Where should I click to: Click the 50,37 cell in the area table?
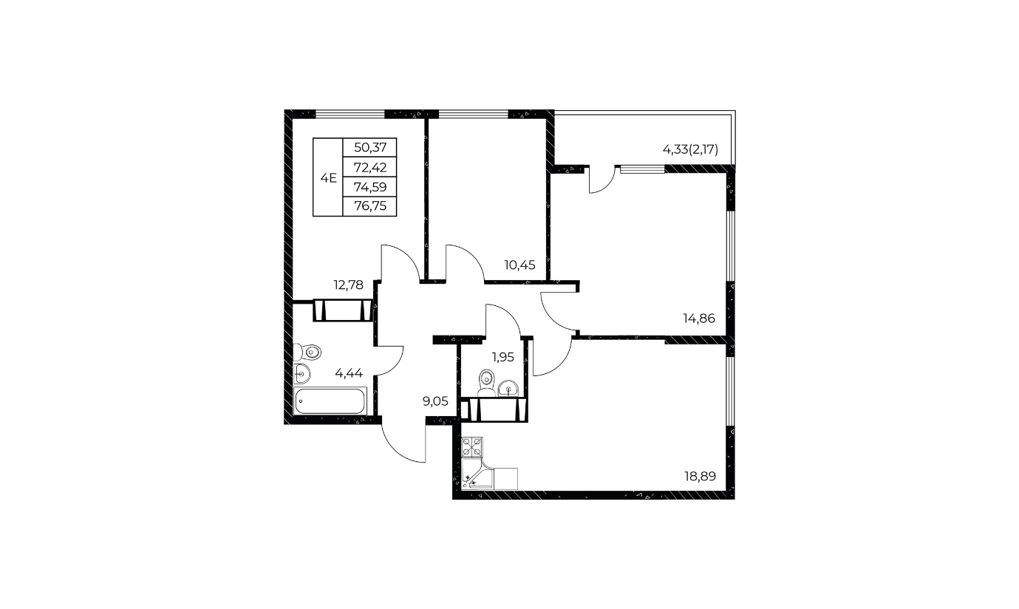[370, 148]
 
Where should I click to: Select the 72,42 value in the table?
[370, 168]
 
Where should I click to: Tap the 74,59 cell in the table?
[370, 186]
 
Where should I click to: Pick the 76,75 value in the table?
[370, 206]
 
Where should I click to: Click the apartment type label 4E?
[328, 178]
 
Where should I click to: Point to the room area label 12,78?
[349, 285]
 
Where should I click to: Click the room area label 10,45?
[520, 265]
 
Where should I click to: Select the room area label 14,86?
[699, 318]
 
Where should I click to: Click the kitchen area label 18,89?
[700, 476]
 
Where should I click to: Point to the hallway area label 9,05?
[435, 401]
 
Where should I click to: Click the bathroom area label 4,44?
[349, 373]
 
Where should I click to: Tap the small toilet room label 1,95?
[503, 357]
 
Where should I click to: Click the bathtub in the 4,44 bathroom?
[330, 401]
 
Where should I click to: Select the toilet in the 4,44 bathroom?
[307, 353]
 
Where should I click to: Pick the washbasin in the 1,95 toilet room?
[508, 388]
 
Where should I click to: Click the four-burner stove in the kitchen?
[472, 447]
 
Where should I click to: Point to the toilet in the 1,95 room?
[486, 382]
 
